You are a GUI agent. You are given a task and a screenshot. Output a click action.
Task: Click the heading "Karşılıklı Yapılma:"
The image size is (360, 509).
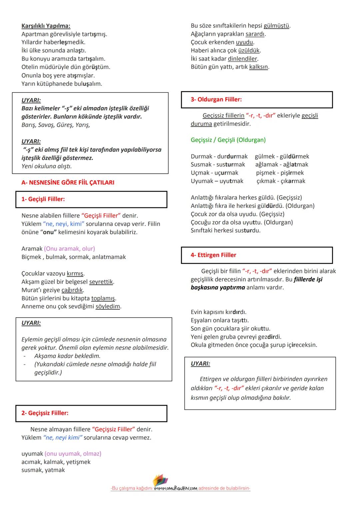(x=46, y=26)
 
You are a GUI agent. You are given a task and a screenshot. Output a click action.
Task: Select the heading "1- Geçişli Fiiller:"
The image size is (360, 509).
(x=43, y=199)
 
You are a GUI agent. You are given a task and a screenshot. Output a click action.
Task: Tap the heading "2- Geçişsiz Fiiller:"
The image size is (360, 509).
(x=45, y=413)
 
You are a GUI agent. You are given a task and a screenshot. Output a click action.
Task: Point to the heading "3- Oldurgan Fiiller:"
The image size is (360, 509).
(x=216, y=99)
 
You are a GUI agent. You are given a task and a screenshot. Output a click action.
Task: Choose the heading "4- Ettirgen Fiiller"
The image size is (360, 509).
(x=213, y=255)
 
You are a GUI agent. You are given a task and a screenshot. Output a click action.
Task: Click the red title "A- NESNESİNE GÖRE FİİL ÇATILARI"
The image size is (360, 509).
(x=68, y=182)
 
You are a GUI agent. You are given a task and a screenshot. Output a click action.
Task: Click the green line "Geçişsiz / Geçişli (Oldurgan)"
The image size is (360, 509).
(x=228, y=140)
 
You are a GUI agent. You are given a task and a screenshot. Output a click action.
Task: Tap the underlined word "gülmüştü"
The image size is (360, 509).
(x=277, y=26)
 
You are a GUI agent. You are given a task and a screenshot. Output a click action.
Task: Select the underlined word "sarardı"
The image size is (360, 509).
(x=255, y=34)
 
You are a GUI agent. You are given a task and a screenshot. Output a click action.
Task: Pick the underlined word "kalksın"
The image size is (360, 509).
(x=258, y=67)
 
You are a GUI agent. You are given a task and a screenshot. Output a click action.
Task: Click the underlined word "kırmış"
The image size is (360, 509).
(x=75, y=274)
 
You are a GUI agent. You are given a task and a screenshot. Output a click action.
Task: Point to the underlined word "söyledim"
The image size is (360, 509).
(x=108, y=307)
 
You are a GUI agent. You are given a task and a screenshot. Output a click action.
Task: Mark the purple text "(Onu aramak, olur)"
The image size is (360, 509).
(x=69, y=249)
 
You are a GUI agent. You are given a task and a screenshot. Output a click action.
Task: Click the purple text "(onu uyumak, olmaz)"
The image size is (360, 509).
(x=73, y=454)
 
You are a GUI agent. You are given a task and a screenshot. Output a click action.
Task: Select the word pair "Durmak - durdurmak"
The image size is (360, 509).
(x=219, y=156)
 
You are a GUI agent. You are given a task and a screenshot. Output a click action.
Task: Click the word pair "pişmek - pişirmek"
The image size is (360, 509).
(x=280, y=173)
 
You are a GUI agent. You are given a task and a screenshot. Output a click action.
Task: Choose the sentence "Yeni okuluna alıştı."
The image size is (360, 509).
(x=46, y=166)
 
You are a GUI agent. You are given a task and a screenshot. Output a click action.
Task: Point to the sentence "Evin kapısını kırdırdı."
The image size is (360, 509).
(x=218, y=312)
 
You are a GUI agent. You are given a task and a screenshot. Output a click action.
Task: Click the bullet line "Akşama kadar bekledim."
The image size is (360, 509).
(x=67, y=356)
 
